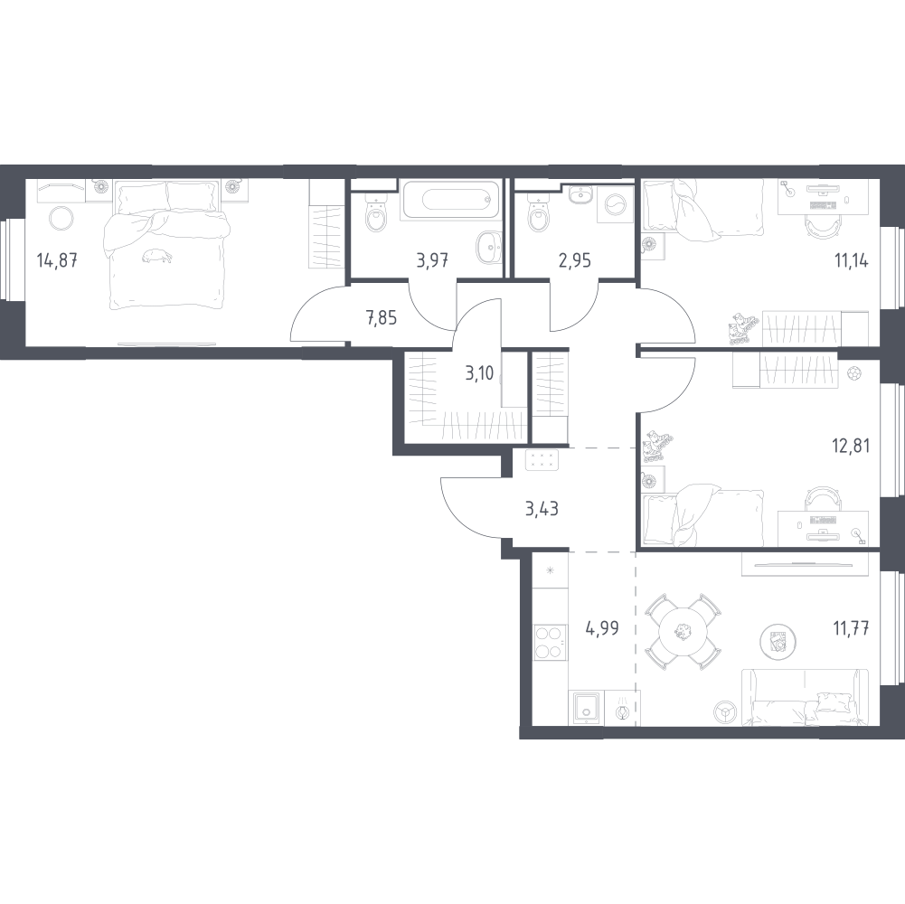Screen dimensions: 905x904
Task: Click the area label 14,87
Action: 57,261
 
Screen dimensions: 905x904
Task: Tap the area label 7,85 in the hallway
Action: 382,317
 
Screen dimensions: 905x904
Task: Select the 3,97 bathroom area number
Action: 432,261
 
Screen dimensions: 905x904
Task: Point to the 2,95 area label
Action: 575,261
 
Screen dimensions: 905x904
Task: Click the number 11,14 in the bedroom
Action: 852,261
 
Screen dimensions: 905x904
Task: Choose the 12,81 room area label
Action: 851,447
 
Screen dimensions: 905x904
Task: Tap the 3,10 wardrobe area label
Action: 480,373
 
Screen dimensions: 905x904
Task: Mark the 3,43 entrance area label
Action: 542,509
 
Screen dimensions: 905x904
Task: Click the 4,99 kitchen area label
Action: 602,627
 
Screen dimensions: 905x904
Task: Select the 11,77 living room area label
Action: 852,627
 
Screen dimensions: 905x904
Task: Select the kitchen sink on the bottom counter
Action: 586,707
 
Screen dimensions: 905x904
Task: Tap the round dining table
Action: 683,632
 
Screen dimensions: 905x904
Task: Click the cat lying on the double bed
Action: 156,256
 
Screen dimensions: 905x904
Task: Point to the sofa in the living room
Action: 805,697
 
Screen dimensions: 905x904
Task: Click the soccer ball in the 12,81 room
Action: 854,374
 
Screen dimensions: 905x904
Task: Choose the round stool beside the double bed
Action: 61,218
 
